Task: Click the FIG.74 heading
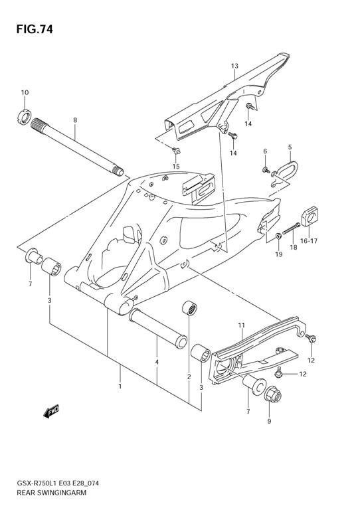(35, 29)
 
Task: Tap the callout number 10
(25, 92)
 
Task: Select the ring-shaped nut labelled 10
(24, 117)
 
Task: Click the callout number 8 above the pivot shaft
(75, 120)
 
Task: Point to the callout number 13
(234, 66)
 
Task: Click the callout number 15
(176, 167)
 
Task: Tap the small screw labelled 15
(176, 151)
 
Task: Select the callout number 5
(290, 147)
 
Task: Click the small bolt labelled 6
(266, 169)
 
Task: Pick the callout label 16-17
(309, 241)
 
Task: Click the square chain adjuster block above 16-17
(310, 216)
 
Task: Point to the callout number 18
(294, 248)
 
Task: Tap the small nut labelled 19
(278, 236)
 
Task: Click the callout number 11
(241, 325)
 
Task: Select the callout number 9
(269, 421)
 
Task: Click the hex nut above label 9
(272, 396)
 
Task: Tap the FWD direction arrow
(51, 411)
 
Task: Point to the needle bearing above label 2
(189, 308)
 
